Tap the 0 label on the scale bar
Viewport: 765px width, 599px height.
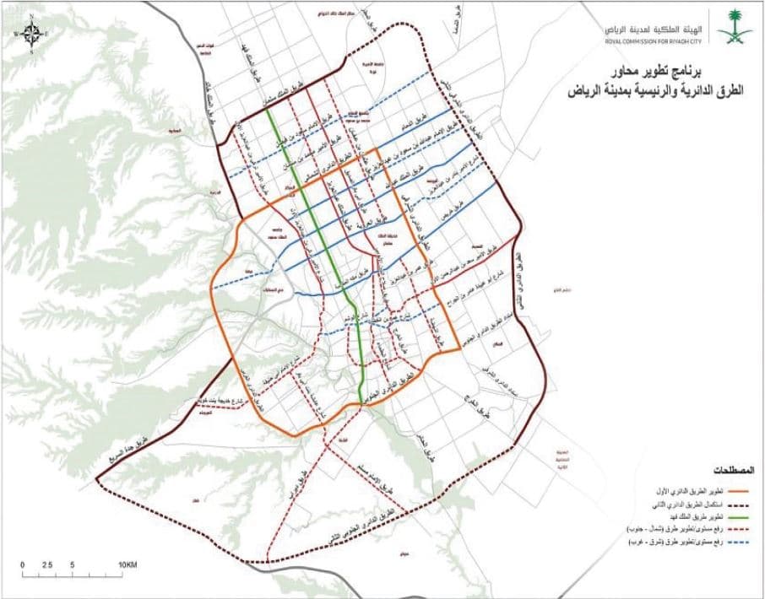(x=24, y=564)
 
